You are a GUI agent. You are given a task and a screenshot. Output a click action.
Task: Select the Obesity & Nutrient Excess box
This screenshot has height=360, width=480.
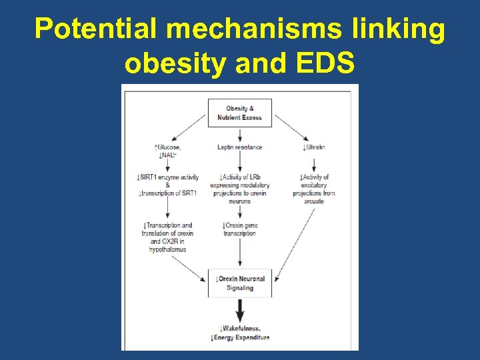[240, 113]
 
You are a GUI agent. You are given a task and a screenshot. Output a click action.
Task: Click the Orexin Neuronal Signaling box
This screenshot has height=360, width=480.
[240, 283]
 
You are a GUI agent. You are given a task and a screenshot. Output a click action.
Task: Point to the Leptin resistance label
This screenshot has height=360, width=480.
[240, 147]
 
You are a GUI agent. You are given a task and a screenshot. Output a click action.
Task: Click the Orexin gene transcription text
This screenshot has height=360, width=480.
[240, 229]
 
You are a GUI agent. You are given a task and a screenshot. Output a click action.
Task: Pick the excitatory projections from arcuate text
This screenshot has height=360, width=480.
[313, 189]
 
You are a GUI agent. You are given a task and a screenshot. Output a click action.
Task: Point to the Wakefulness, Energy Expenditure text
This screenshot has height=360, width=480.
[240, 333]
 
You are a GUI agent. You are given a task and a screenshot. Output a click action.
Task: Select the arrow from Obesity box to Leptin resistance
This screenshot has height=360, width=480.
[240, 135]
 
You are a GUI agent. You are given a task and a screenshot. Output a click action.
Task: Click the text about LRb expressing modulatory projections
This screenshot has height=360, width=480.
[240, 189]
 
